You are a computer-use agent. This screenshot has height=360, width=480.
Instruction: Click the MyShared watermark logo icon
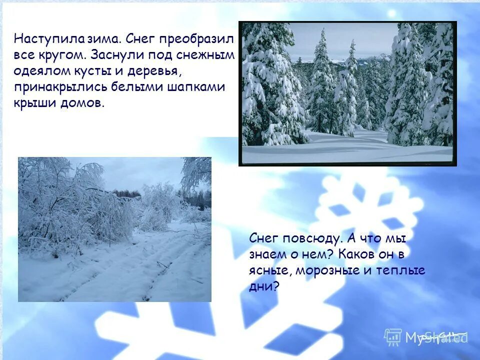(393, 336)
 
